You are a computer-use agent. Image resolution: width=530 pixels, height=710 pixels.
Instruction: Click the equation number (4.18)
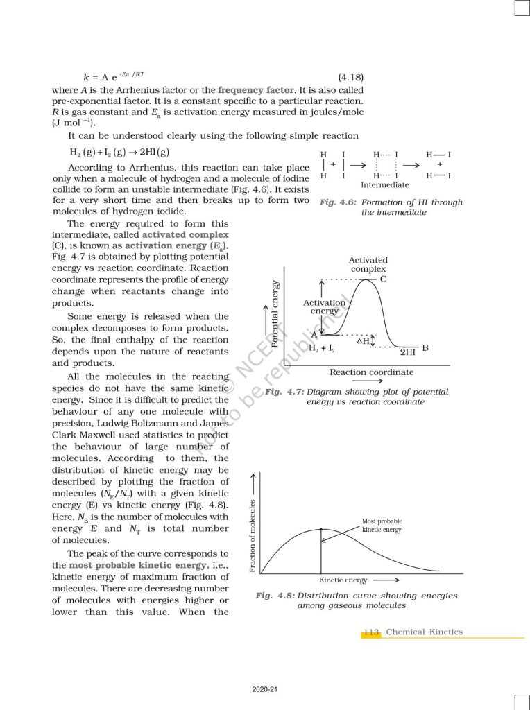coord(350,78)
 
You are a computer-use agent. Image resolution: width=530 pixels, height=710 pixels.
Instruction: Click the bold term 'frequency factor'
coord(255,90)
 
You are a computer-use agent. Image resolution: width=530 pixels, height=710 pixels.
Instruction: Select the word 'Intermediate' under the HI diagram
coord(385,185)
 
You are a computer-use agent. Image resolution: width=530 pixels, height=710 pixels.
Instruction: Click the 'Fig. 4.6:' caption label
coord(338,202)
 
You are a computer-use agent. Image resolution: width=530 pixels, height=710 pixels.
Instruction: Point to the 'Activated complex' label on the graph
coord(368,264)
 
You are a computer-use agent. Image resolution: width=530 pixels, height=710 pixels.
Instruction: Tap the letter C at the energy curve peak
coord(383,279)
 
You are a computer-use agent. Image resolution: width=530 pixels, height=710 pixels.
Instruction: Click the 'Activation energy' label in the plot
coord(324,307)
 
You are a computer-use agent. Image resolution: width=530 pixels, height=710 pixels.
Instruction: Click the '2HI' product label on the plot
coord(408,352)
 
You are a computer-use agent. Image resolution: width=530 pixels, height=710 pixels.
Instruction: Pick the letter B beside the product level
coord(425,347)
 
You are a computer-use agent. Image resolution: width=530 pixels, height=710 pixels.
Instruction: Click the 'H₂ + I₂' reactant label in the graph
coord(322,348)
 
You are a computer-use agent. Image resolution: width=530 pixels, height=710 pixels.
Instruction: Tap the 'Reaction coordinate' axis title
coord(371,372)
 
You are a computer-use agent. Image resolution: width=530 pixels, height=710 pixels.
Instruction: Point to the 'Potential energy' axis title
coord(276,314)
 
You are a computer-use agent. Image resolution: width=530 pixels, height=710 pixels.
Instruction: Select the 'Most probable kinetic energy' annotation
coord(382,525)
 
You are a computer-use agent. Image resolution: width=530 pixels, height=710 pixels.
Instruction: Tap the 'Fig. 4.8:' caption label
coord(275,596)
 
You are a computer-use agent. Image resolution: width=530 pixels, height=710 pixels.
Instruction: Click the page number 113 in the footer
coord(371,632)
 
